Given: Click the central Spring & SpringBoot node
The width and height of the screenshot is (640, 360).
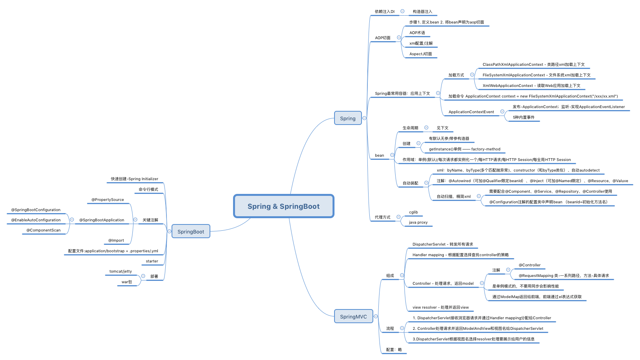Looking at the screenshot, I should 284,206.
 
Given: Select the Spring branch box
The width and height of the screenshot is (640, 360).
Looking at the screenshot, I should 348,118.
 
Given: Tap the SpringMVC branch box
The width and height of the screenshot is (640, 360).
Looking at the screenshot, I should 353,317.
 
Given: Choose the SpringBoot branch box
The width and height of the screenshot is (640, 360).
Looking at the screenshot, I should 191,232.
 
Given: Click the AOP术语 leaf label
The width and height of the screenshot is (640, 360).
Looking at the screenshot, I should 417,33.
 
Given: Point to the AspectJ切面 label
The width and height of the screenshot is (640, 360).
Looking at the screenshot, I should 421,54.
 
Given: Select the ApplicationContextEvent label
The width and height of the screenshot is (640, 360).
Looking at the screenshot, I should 471,112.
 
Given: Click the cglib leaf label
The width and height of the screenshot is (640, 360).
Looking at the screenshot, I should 413,212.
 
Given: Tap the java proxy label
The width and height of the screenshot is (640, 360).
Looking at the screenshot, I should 418,223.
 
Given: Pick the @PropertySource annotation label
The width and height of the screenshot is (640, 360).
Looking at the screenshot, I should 108,200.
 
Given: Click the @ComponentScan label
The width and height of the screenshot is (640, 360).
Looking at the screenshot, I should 43,230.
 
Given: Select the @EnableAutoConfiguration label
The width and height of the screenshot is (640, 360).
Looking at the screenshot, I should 36,220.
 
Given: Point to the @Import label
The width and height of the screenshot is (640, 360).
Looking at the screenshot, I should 116,241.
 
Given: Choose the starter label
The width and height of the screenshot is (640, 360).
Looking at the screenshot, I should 152,261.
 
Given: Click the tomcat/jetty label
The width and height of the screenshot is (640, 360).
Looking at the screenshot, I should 121,271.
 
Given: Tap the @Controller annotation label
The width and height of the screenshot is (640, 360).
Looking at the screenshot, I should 530,265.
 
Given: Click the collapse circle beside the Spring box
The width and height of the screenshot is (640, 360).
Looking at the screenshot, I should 365,118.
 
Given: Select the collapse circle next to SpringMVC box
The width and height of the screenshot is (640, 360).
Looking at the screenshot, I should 376,316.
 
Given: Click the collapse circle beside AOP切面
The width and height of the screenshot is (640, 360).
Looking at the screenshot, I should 399,38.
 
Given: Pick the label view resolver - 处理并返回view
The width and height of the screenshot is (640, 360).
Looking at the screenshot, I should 440,308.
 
